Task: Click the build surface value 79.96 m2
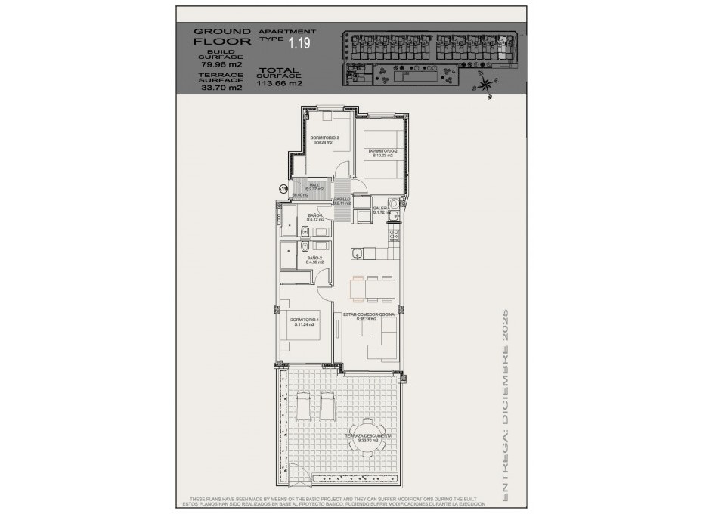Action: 221,64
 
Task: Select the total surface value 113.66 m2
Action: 279,84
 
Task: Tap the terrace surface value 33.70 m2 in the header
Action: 221,88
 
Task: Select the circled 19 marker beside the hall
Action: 283,190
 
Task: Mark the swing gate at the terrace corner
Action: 302,475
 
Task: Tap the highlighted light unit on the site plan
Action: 500,41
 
